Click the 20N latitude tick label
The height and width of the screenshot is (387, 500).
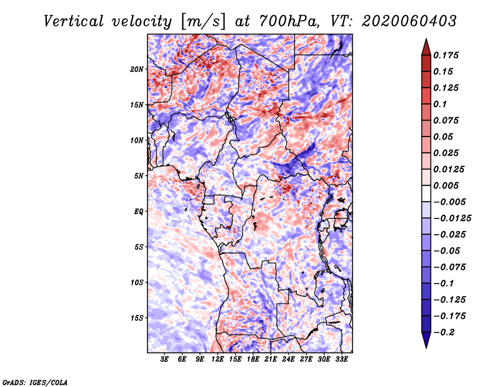(136, 70)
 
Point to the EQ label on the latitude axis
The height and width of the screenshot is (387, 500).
(138, 212)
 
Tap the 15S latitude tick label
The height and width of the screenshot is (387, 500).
(137, 318)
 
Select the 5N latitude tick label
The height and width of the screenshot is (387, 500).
(138, 176)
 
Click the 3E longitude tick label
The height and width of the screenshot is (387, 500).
(164, 359)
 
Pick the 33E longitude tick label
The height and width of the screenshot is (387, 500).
(341, 359)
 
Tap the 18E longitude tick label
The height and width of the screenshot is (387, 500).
(253, 359)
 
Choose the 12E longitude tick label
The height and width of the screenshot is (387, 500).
(217, 359)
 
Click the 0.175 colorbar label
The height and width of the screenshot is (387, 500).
(446, 55)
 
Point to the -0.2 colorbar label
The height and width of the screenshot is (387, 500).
(444, 333)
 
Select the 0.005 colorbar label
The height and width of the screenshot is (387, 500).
(446, 185)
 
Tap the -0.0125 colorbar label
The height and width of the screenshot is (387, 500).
(452, 219)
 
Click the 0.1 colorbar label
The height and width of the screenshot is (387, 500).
(440, 104)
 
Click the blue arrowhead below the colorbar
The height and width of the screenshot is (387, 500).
(426, 340)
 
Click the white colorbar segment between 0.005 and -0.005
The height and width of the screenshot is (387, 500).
(426, 194)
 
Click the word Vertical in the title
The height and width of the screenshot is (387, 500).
(74, 21)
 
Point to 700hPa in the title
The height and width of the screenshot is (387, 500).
(289, 21)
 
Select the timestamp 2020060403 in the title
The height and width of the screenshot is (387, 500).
(409, 21)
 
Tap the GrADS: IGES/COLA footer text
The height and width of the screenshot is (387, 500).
(35, 382)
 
